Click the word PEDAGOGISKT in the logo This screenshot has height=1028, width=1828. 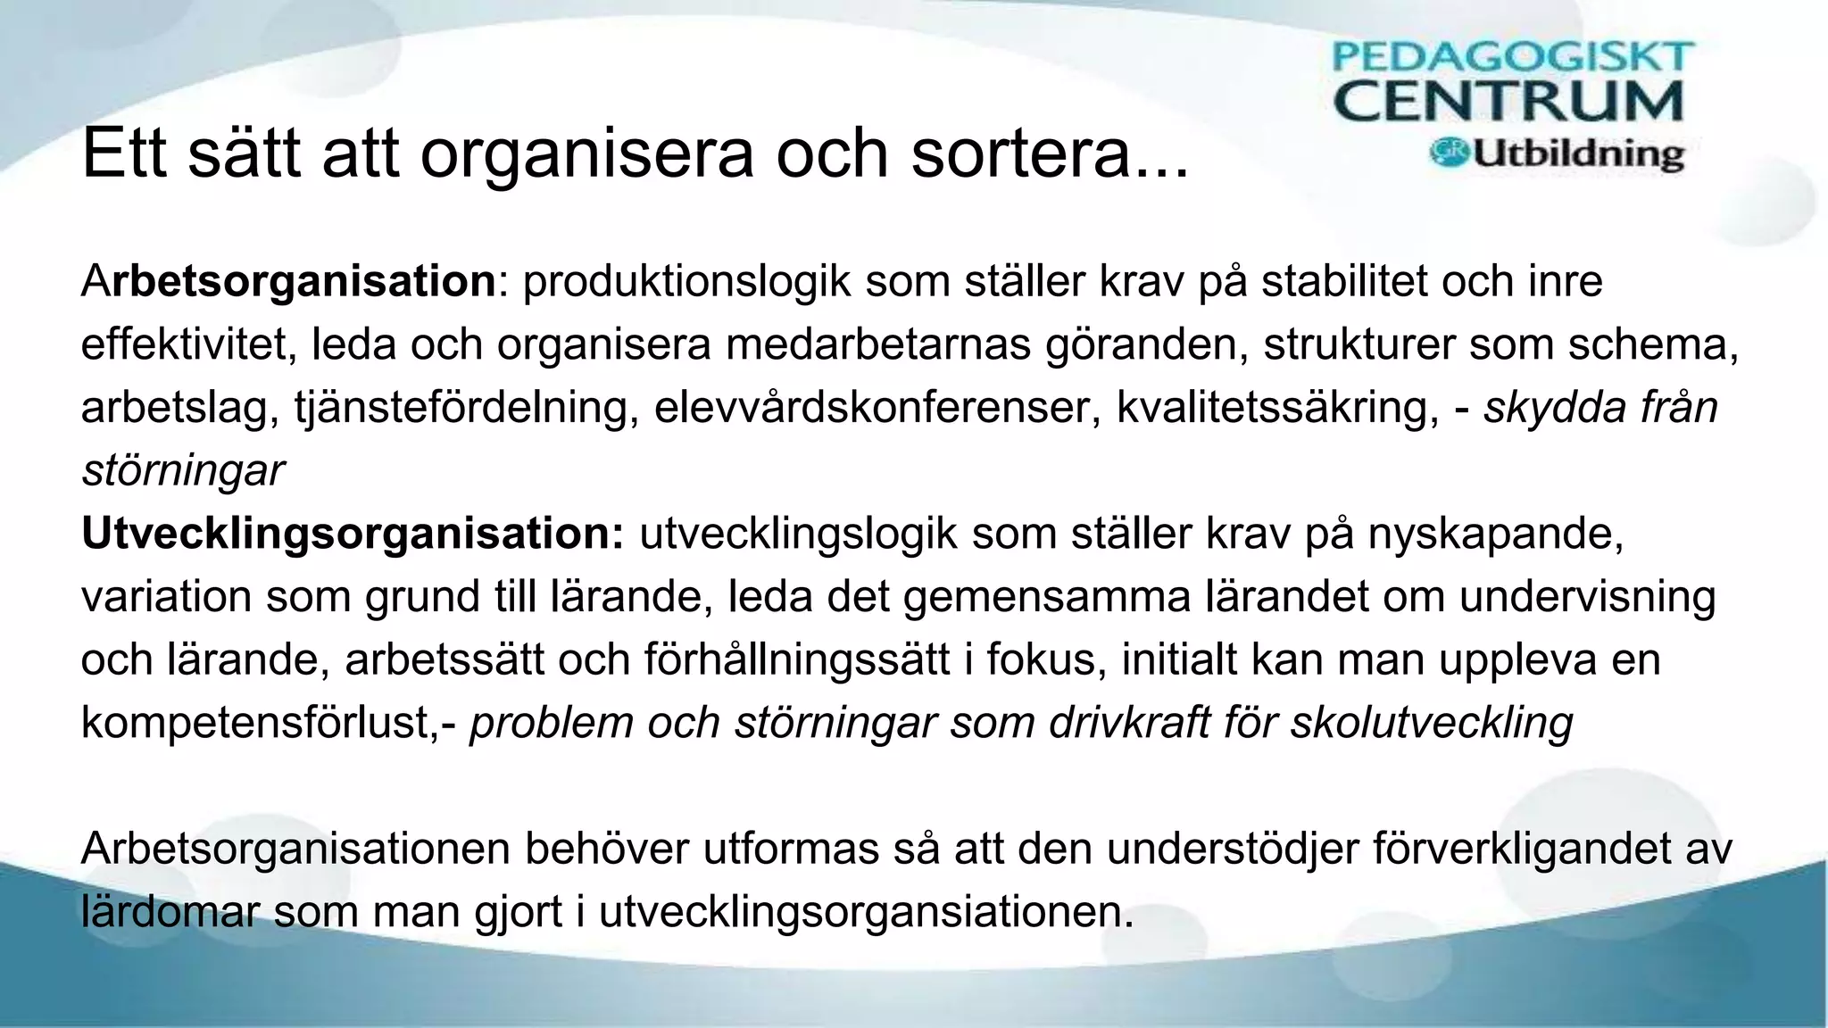pyautogui.click(x=1512, y=56)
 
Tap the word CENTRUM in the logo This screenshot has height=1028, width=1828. pyautogui.click(x=1508, y=102)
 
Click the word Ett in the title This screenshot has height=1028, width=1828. pyautogui.click(x=124, y=153)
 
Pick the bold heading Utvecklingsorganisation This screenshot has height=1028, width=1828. pyautogui.click(x=352, y=534)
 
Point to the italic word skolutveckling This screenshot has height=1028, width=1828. pyautogui.click(x=1432, y=723)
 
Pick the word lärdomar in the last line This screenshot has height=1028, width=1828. pyautogui.click(x=170, y=912)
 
